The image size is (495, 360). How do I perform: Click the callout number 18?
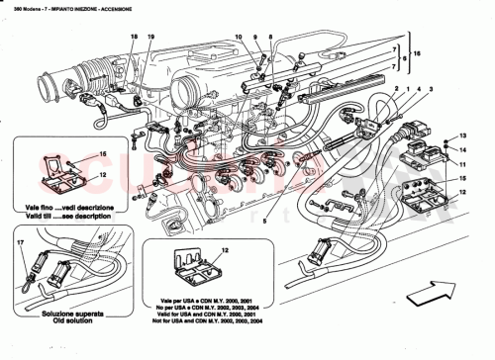coord(133,37)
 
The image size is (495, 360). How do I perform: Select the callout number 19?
coord(150,37)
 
